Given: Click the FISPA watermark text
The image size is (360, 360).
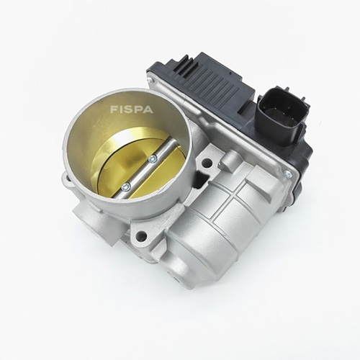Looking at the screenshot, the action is pyautogui.click(x=131, y=109).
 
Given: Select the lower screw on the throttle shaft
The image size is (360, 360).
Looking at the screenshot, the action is pyautogui.click(x=126, y=186).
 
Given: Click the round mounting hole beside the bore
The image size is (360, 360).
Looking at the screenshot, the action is pyautogui.click(x=206, y=163).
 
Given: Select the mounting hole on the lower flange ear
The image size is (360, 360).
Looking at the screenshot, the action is pyautogui.click(x=142, y=235).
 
